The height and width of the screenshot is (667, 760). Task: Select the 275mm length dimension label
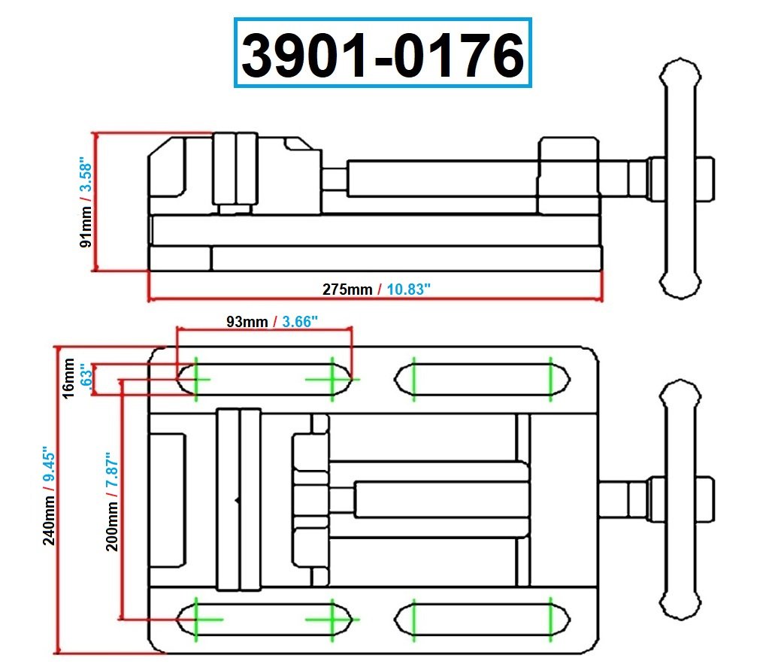click(347, 289)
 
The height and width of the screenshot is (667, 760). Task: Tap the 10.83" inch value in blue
click(409, 289)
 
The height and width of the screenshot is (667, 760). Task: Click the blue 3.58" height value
click(86, 178)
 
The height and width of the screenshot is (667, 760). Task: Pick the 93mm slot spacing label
click(247, 322)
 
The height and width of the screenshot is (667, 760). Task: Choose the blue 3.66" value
click(301, 322)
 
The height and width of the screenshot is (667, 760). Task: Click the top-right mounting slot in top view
click(483, 377)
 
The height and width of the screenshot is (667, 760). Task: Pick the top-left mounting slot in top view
click(263, 377)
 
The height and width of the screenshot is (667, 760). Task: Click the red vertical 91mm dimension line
click(95, 202)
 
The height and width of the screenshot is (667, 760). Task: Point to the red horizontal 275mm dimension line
click(376, 299)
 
